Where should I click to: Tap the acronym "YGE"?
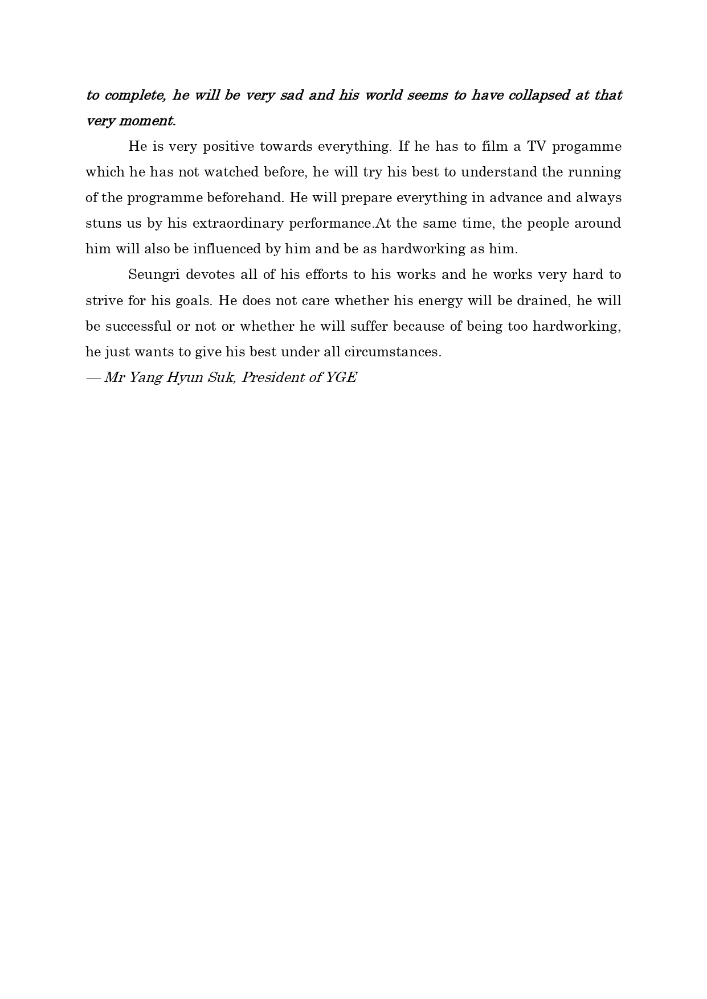click(341, 377)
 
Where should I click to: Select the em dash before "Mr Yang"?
click(93, 377)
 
